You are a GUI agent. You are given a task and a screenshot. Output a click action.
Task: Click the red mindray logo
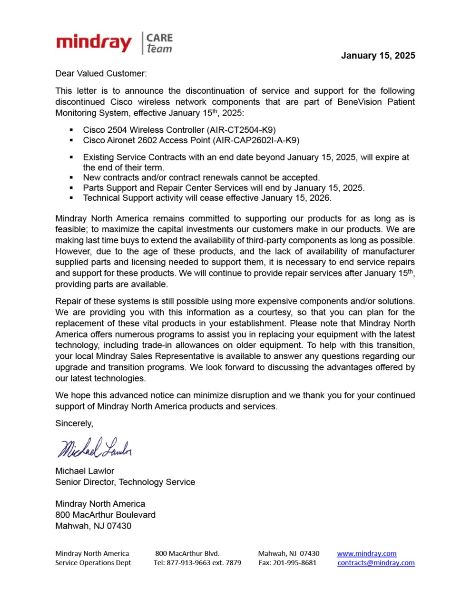(x=94, y=43)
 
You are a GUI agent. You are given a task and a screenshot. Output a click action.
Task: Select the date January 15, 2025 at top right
(x=378, y=56)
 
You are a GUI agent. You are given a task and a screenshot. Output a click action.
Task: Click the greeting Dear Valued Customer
(x=101, y=74)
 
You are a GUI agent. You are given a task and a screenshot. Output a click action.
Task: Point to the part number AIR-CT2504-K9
(x=241, y=130)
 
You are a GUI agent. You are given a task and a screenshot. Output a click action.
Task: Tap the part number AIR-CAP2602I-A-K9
(x=256, y=140)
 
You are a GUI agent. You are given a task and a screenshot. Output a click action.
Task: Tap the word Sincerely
(x=74, y=423)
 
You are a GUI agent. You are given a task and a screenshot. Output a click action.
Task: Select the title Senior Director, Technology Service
(x=125, y=482)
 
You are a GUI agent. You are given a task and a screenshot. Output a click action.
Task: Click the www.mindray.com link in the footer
(x=366, y=553)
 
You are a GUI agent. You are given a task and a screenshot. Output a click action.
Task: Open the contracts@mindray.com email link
(x=376, y=563)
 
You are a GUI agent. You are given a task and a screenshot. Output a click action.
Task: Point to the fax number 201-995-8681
(x=294, y=563)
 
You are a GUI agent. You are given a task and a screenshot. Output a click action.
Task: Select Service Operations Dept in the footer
(x=93, y=563)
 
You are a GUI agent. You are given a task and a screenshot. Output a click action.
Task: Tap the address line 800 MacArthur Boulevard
(x=105, y=515)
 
